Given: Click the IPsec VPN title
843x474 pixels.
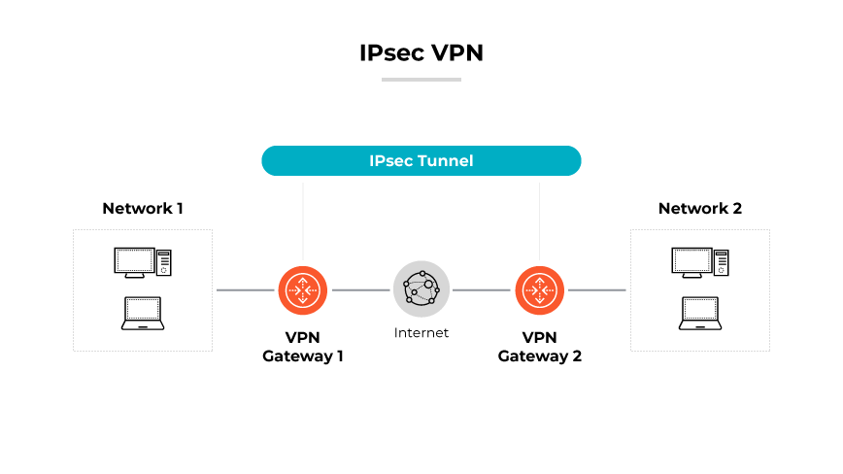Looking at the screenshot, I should click(421, 53).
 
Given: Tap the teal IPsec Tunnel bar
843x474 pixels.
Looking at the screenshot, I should click(421, 160).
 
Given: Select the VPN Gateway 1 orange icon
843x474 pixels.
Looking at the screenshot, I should click(303, 289).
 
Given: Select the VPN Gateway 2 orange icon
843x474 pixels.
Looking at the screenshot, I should click(540, 289).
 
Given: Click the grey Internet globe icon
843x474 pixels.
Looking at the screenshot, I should click(421, 289).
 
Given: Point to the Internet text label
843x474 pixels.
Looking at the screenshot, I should click(421, 333).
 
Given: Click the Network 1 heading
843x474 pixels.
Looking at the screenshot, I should click(143, 208).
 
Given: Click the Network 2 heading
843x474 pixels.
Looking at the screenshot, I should click(699, 208).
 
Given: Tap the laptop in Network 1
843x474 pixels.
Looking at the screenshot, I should click(142, 314).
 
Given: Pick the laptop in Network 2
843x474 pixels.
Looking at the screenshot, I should click(699, 314).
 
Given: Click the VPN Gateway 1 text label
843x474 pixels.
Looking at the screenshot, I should click(303, 347).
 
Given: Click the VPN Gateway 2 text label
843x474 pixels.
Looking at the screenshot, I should click(540, 347).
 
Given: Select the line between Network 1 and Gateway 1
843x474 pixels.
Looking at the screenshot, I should click(245, 290).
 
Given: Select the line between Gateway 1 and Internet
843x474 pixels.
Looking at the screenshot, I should click(360, 290).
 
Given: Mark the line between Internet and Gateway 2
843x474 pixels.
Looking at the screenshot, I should click(481, 290).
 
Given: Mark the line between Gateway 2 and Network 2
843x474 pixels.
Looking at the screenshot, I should click(596, 290).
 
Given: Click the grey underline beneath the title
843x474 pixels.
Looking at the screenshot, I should click(421, 79).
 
